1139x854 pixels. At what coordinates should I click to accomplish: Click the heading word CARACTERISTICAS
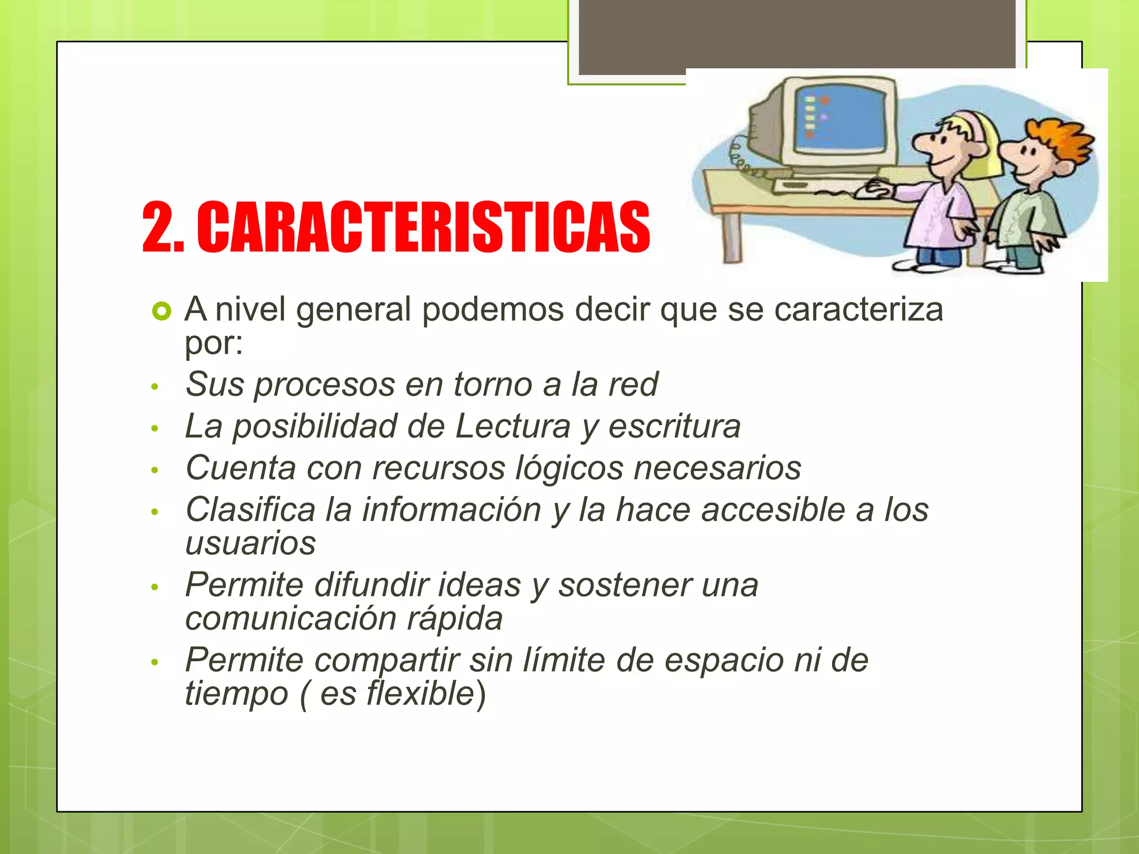[x=423, y=227]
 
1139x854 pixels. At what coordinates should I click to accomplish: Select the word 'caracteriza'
[x=859, y=309]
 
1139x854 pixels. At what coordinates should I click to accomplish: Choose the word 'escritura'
[x=675, y=426]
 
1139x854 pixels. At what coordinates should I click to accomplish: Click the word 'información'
[x=452, y=510]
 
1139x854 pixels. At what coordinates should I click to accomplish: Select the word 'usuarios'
[x=250, y=543]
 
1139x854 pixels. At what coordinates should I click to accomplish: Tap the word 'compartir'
[x=387, y=661]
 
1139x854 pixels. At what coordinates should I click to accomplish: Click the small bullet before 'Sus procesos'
[x=155, y=386]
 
